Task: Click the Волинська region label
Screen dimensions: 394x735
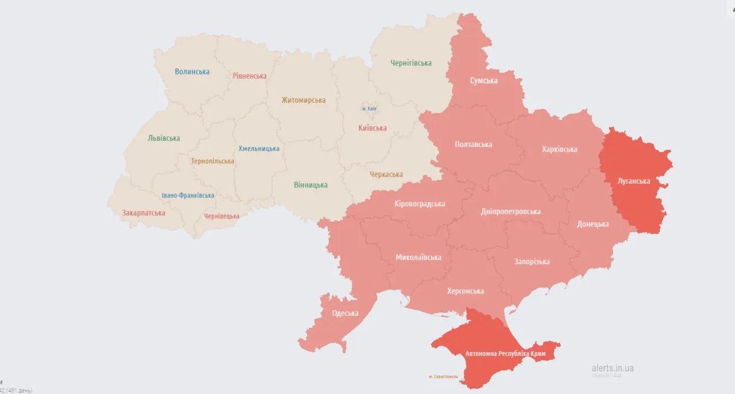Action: click(x=192, y=72)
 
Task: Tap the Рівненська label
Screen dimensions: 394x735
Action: click(x=249, y=76)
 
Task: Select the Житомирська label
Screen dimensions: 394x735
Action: click(x=303, y=100)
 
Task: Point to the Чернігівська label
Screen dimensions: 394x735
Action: click(x=411, y=63)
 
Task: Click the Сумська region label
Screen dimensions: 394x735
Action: click(x=483, y=80)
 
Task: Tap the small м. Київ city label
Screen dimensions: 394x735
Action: click(x=369, y=109)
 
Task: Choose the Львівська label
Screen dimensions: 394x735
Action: click(x=164, y=138)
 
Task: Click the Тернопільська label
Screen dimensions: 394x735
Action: click(x=212, y=161)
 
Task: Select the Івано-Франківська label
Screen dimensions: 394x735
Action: click(x=188, y=195)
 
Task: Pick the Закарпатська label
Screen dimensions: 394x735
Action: click(x=144, y=213)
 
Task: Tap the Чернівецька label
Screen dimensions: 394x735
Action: click(x=222, y=216)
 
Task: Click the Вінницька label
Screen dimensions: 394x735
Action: click(x=311, y=185)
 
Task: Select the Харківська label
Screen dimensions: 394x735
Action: click(x=559, y=149)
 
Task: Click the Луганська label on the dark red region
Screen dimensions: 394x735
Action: click(x=633, y=181)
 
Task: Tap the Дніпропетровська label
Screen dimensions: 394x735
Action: click(x=510, y=211)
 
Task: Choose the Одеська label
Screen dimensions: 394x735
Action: click(x=345, y=313)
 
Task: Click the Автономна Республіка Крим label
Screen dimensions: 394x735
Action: click(x=505, y=353)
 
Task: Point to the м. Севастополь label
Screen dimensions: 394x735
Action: click(x=443, y=377)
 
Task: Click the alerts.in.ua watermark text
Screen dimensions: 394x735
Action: click(x=613, y=368)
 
